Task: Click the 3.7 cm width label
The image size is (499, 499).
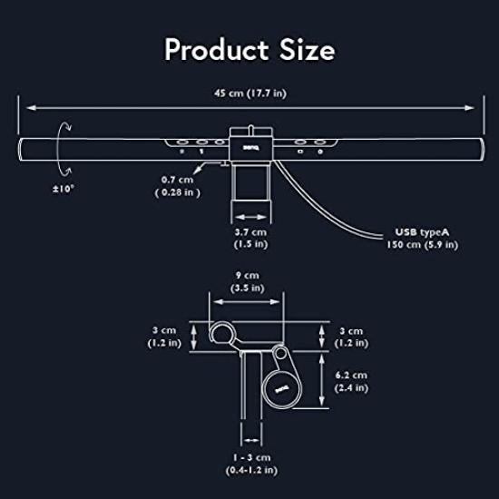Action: [x=249, y=232]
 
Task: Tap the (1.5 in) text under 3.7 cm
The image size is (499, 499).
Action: [x=249, y=245]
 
